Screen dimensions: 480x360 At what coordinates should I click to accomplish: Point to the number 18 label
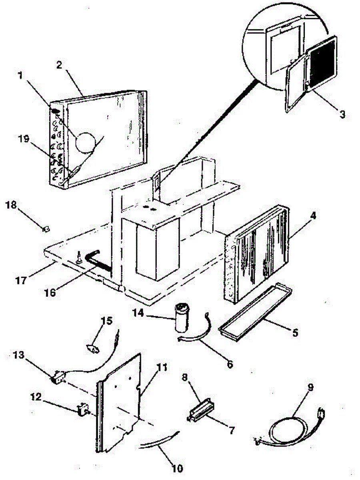[x=12, y=205]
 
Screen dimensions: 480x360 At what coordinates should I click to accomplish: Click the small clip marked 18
[x=46, y=228]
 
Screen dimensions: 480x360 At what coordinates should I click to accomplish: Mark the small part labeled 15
[x=93, y=349]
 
